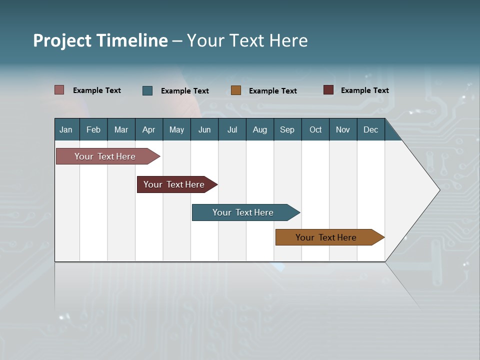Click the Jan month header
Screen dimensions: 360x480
[66, 129]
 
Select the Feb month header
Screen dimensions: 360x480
[93, 129]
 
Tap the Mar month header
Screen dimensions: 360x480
[121, 129]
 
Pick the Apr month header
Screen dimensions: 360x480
[148, 129]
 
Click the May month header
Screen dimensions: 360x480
[176, 129]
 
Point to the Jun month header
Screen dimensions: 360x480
[204, 129]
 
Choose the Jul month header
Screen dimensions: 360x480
[232, 129]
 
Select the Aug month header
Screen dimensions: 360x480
[259, 129]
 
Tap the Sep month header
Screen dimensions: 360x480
[287, 129]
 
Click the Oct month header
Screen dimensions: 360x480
[315, 129]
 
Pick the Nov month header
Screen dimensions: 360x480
[343, 129]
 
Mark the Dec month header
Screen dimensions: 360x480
[370, 129]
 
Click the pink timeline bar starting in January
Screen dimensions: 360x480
[105, 156]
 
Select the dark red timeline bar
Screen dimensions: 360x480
[174, 184]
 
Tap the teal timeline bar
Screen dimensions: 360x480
[243, 212]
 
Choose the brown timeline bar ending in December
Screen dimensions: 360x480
[326, 237]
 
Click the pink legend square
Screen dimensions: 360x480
[59, 90]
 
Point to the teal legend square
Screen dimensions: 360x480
[147, 90]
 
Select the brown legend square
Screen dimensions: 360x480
[236, 90]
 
